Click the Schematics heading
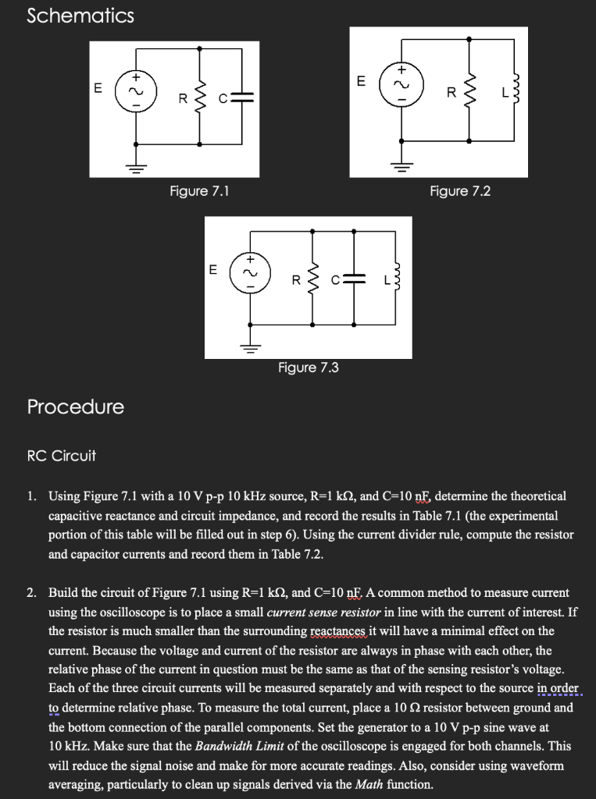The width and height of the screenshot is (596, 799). pyautogui.click(x=80, y=16)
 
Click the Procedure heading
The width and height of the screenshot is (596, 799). pyautogui.click(x=75, y=407)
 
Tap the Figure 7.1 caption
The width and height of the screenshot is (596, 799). pyautogui.click(x=199, y=190)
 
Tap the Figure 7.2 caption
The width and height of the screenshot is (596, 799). pyautogui.click(x=460, y=190)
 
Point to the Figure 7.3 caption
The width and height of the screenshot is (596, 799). pyautogui.click(x=309, y=367)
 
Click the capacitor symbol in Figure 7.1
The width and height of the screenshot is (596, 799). pyautogui.click(x=243, y=98)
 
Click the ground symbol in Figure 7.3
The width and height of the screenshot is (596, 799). pyautogui.click(x=250, y=346)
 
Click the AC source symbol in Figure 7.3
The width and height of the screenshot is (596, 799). pyautogui.click(x=250, y=274)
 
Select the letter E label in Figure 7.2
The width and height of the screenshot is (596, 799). pyautogui.click(x=360, y=80)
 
